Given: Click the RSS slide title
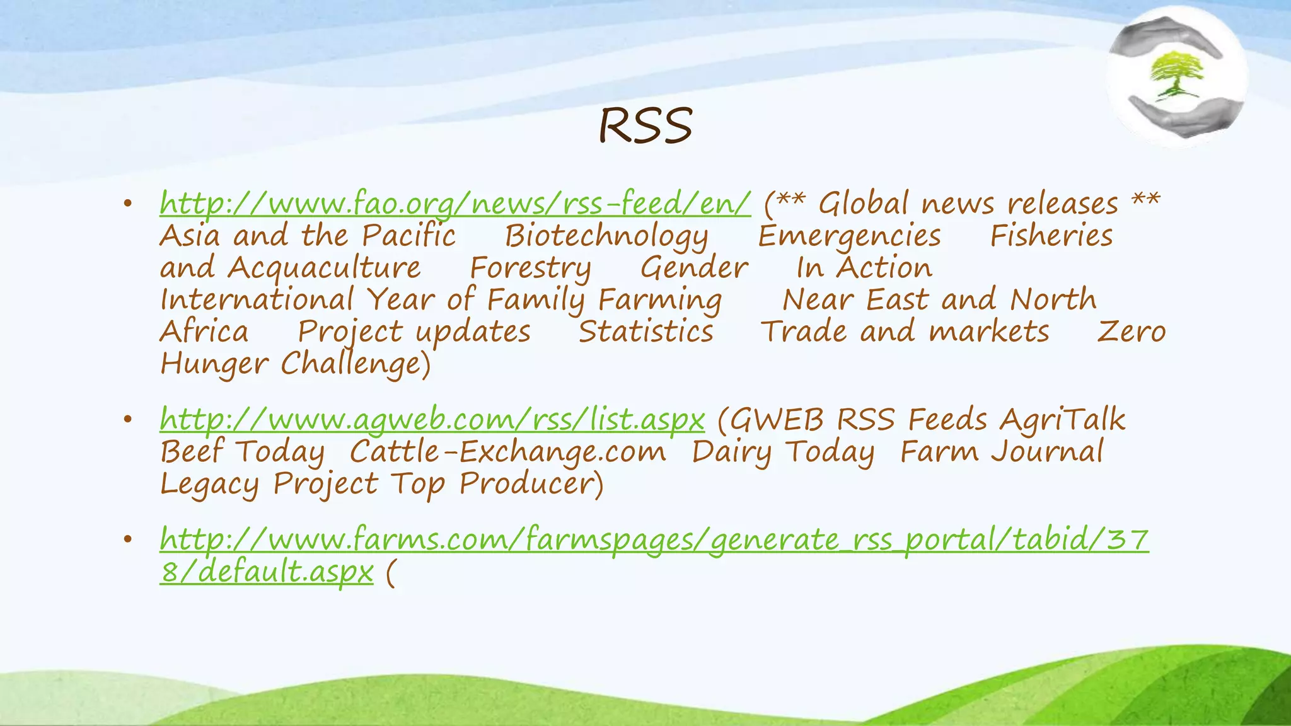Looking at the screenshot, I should [645, 125].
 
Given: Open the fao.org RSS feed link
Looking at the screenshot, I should [455, 204].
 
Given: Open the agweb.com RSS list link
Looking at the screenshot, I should [432, 420].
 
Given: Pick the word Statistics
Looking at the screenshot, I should [645, 332].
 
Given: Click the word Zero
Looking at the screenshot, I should [1132, 332].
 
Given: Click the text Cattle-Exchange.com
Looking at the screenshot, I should [507, 452].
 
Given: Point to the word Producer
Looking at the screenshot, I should [528, 485].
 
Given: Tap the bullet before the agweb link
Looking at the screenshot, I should [127, 419].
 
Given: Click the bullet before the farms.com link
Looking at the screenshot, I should [127, 539].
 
